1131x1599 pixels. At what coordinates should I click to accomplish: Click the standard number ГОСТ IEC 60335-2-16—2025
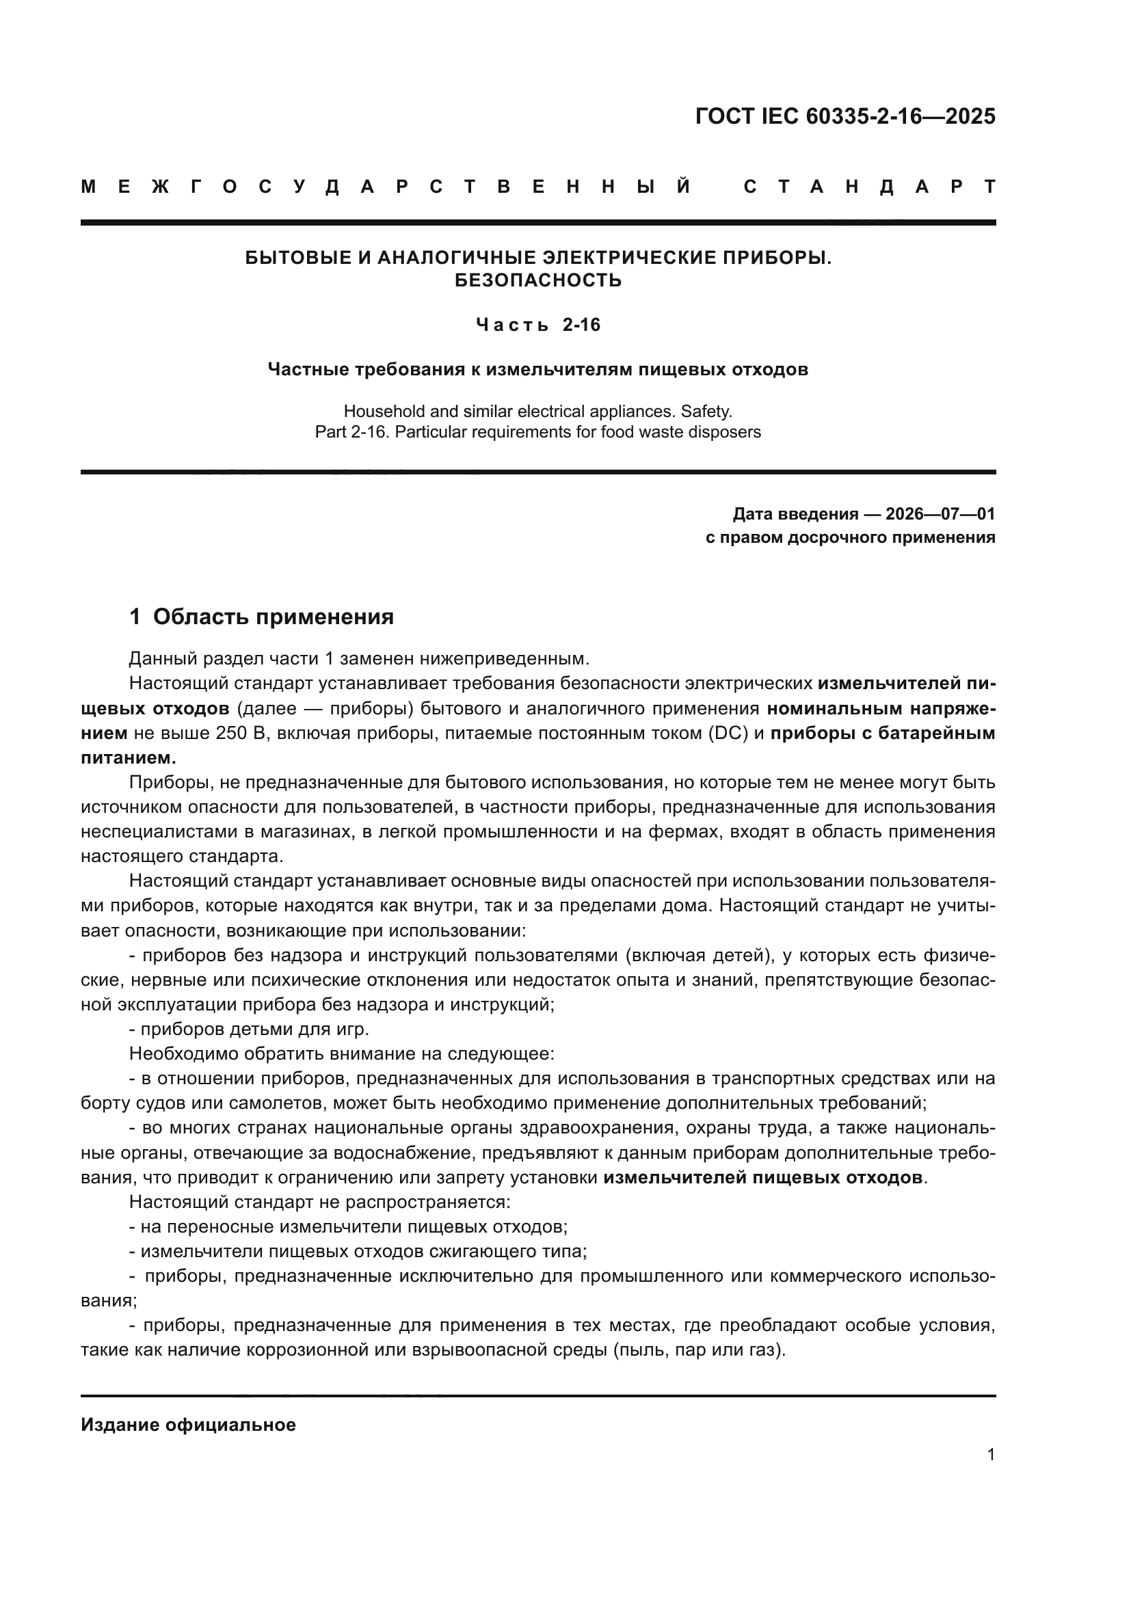tap(844, 116)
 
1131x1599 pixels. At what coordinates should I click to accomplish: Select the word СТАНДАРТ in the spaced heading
tap(869, 187)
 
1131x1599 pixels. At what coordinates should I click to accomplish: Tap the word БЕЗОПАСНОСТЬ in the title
tap(537, 281)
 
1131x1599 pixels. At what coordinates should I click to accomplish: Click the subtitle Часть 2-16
tap(537, 325)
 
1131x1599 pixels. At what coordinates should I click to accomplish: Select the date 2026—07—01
tap(940, 515)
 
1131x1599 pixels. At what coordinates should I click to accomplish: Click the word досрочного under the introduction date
tap(834, 537)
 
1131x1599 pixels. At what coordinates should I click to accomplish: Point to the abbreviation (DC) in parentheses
tap(727, 734)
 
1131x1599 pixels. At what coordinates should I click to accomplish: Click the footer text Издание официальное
tap(188, 1425)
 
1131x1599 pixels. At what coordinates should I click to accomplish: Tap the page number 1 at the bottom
tap(990, 1455)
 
